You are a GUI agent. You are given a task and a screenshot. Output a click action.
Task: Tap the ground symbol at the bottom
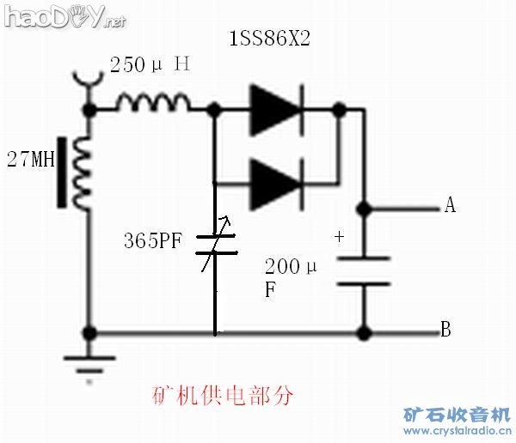coord(89,366)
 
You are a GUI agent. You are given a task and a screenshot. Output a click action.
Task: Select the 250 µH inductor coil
coord(153,101)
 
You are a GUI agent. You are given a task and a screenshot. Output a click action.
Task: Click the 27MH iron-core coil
coord(74,173)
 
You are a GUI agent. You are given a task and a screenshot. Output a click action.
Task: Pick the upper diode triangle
coord(276,110)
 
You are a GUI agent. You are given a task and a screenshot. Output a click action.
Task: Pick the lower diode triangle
coord(276,184)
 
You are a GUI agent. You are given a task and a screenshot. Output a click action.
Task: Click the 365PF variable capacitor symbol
coord(216,244)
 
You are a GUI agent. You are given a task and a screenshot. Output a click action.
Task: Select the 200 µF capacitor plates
coord(364,271)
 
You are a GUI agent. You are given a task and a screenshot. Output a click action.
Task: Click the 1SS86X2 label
coord(269,38)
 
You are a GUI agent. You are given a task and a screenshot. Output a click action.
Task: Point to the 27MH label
coord(31,159)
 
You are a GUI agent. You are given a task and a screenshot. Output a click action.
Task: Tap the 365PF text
coord(153,240)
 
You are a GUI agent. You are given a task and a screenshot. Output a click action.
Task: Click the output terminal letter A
coord(450,205)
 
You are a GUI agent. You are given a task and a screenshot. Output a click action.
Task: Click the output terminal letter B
coord(445,329)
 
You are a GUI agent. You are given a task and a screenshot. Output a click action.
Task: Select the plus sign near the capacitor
coord(339,237)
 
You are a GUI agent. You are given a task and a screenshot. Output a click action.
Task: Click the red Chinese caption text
coord(223,395)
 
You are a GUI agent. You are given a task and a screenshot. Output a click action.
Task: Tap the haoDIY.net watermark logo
coord(64,16)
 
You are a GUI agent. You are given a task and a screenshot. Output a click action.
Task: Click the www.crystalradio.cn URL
coord(458,430)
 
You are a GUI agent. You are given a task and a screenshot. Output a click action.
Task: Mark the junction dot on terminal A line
coord(365,209)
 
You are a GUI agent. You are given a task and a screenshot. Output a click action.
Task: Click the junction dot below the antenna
coord(89,109)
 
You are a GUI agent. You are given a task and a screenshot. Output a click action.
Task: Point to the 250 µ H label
coord(150,64)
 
